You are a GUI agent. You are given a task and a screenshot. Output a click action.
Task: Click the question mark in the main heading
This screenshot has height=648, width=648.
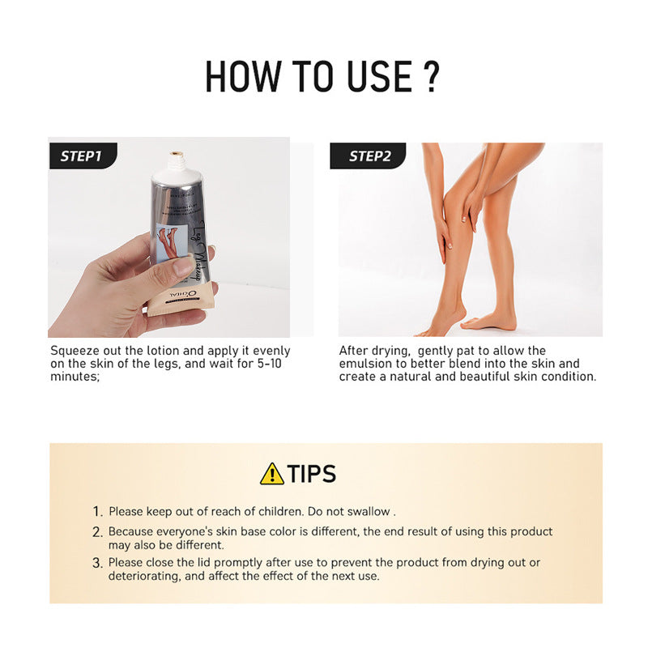click(430, 75)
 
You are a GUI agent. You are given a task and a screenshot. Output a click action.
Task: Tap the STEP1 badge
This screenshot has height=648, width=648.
click(81, 156)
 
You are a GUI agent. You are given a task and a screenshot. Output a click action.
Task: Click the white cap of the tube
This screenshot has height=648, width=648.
click(173, 167)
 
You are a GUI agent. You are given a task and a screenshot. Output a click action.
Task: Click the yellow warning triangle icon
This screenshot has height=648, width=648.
click(271, 474)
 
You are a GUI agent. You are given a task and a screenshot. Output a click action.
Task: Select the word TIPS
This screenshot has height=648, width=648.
click(312, 474)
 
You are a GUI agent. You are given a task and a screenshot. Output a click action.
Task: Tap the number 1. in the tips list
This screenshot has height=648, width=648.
click(97, 512)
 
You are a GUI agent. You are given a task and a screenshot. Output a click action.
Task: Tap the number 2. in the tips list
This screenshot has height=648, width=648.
click(97, 532)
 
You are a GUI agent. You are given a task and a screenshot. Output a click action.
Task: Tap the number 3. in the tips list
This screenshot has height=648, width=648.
click(97, 563)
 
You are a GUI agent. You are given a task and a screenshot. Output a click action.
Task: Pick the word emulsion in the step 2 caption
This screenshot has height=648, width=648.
click(364, 364)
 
